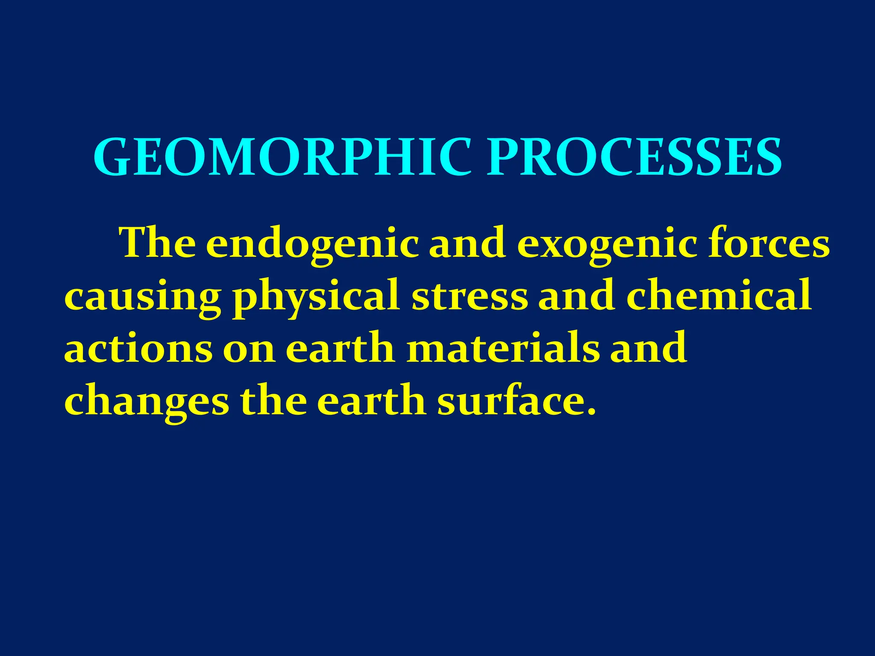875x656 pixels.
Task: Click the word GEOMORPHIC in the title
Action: [282, 157]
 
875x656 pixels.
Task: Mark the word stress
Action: [470, 296]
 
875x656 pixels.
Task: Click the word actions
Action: [138, 348]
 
